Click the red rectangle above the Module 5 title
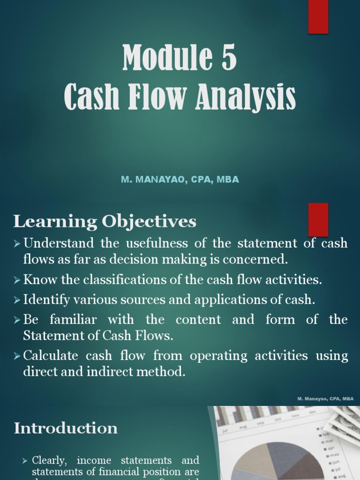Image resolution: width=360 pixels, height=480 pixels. click(x=318, y=16)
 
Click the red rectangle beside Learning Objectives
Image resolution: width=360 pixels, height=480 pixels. click(x=318, y=219)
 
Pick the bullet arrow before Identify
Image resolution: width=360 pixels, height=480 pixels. click(x=17, y=300)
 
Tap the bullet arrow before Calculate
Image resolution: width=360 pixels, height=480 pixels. click(x=17, y=356)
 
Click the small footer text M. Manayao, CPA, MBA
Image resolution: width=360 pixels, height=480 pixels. click(x=325, y=398)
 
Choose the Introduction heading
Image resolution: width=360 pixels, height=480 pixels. click(x=66, y=428)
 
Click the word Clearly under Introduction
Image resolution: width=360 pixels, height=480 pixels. click(x=50, y=460)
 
